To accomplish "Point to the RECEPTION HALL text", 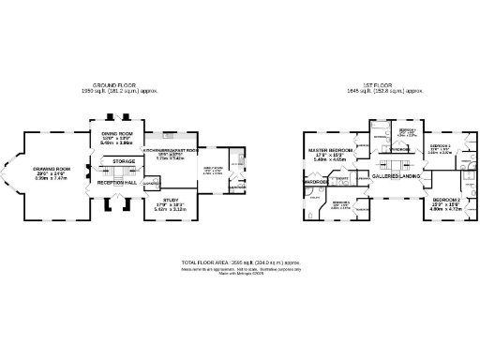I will (117, 182).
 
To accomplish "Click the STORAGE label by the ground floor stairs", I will (124, 161).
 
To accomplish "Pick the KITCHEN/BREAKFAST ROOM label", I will (170, 150).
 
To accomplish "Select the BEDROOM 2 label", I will (446, 200).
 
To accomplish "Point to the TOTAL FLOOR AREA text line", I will (240, 262).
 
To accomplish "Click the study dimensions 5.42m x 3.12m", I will (170, 209).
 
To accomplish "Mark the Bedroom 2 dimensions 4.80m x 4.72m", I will (446, 209).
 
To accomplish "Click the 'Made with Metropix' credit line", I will (240, 275).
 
